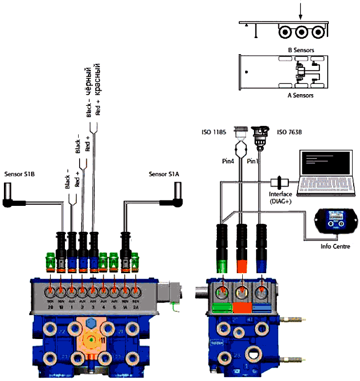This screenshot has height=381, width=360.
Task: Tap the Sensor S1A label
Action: pyautogui.click(x=164, y=173)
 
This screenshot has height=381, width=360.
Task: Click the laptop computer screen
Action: pyautogui.click(x=326, y=163)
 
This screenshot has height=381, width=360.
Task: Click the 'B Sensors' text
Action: pyautogui.click(x=301, y=50)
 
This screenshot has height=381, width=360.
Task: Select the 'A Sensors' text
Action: pyautogui.click(x=300, y=96)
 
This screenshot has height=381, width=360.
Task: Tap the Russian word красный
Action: pyautogui.click(x=97, y=79)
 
